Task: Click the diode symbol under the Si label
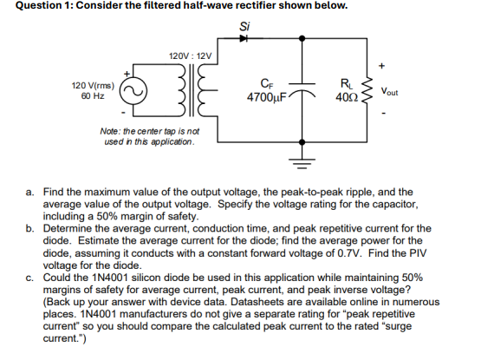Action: click(x=244, y=38)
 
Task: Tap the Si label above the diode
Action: click(x=244, y=26)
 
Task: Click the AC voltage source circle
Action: click(x=133, y=91)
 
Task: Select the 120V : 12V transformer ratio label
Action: click(x=190, y=56)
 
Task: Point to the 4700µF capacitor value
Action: click(x=267, y=97)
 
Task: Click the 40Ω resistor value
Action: click(x=347, y=97)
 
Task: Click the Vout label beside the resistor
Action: click(x=389, y=91)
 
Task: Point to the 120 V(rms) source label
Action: click(x=93, y=85)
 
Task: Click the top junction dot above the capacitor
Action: click(x=302, y=38)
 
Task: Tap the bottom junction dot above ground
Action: click(x=302, y=142)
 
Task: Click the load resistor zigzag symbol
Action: click(x=367, y=90)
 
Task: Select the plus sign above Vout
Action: click(x=381, y=66)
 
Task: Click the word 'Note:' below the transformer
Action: click(x=110, y=131)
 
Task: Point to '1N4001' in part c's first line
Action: click(x=109, y=278)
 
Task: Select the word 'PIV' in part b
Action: click(x=418, y=253)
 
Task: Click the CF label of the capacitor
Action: click(x=267, y=83)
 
